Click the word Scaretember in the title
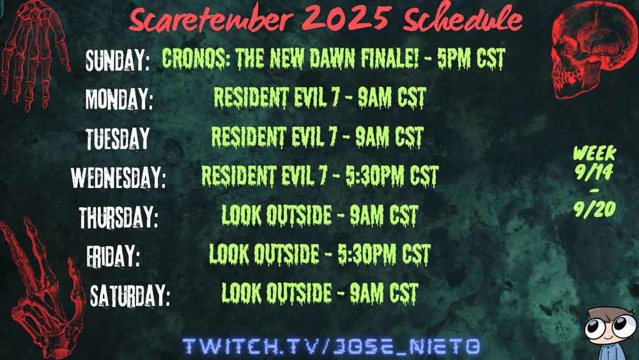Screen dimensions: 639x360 click(x=211, y=19)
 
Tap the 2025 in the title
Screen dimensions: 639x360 click(x=346, y=17)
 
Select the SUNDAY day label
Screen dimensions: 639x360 click(x=118, y=60)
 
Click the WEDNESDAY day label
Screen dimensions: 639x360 click(x=118, y=177)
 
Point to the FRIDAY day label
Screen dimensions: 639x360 click(x=113, y=256)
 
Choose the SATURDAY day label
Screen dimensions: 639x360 click(x=130, y=295)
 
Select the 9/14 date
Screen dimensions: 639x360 click(x=594, y=171)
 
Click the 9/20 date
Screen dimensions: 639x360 click(x=594, y=209)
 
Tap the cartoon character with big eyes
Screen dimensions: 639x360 click(x=611, y=333)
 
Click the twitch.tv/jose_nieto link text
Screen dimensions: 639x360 click(x=331, y=346)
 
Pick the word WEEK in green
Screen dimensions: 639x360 click(x=594, y=153)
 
